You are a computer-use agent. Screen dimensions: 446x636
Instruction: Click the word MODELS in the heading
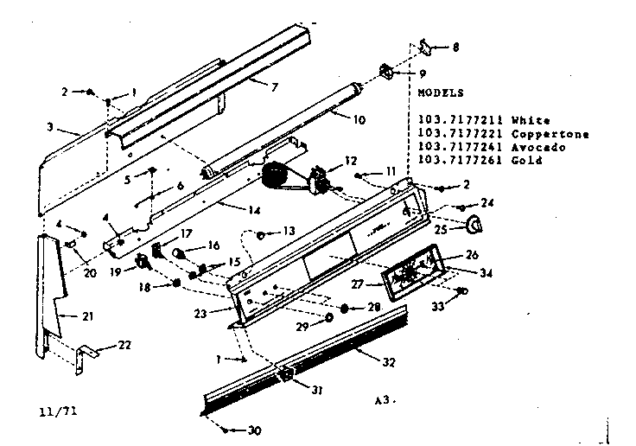(x=440, y=92)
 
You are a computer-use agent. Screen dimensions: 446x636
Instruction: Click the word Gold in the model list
(x=528, y=161)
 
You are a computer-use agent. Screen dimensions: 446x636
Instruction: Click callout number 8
(x=457, y=47)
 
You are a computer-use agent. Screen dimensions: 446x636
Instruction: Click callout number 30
(x=254, y=430)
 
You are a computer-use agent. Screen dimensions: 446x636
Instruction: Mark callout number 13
(x=288, y=232)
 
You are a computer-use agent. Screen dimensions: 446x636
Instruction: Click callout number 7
(x=273, y=87)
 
